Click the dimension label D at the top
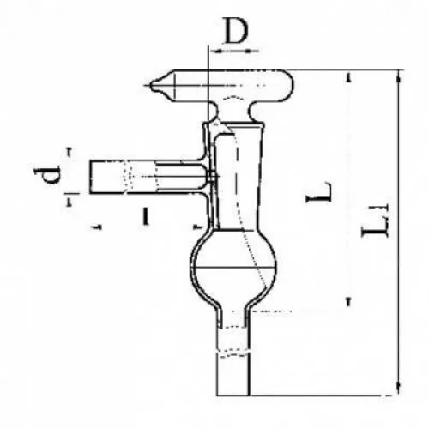point(236,30)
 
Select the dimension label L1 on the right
point(375,220)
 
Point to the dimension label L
point(319,191)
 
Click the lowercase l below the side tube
point(146,216)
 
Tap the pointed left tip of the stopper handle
point(151,85)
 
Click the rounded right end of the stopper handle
point(293,85)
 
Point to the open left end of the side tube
point(90,178)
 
